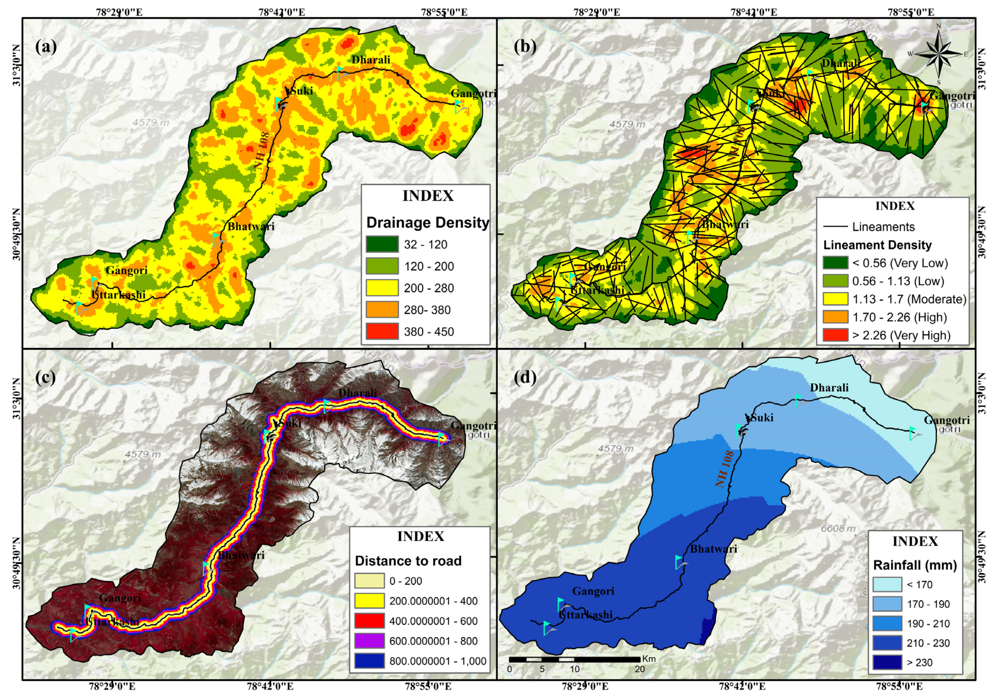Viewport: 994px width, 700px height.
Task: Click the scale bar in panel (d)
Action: click(x=574, y=659)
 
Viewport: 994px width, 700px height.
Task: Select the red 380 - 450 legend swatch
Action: click(x=382, y=331)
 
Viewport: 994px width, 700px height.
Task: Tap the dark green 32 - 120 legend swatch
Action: click(x=382, y=244)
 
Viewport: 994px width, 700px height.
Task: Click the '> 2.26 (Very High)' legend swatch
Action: click(x=835, y=335)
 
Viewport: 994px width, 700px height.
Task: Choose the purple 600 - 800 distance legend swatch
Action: click(x=369, y=641)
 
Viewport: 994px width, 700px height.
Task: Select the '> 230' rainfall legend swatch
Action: click(x=887, y=662)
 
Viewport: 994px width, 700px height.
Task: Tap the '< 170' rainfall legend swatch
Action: click(x=887, y=584)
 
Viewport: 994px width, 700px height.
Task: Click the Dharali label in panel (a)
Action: click(x=371, y=60)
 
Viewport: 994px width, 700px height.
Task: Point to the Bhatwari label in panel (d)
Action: click(x=714, y=549)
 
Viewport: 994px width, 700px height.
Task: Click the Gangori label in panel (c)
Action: click(x=120, y=598)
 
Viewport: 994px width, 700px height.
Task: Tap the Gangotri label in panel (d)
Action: click(x=947, y=420)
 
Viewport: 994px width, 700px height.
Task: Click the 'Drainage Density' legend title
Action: click(x=427, y=222)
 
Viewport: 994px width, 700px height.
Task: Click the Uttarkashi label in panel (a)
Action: click(x=118, y=295)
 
